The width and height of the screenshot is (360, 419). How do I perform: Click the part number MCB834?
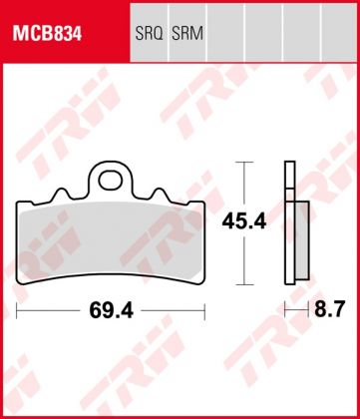(x=46, y=33)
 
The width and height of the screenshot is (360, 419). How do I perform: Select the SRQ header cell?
(x=147, y=33)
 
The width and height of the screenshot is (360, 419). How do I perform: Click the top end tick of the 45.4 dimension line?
(x=240, y=162)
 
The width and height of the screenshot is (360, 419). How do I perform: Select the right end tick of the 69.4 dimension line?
(x=199, y=310)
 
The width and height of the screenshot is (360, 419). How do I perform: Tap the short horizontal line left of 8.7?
(x=293, y=311)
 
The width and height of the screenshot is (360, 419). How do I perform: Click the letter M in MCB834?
(x=18, y=33)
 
